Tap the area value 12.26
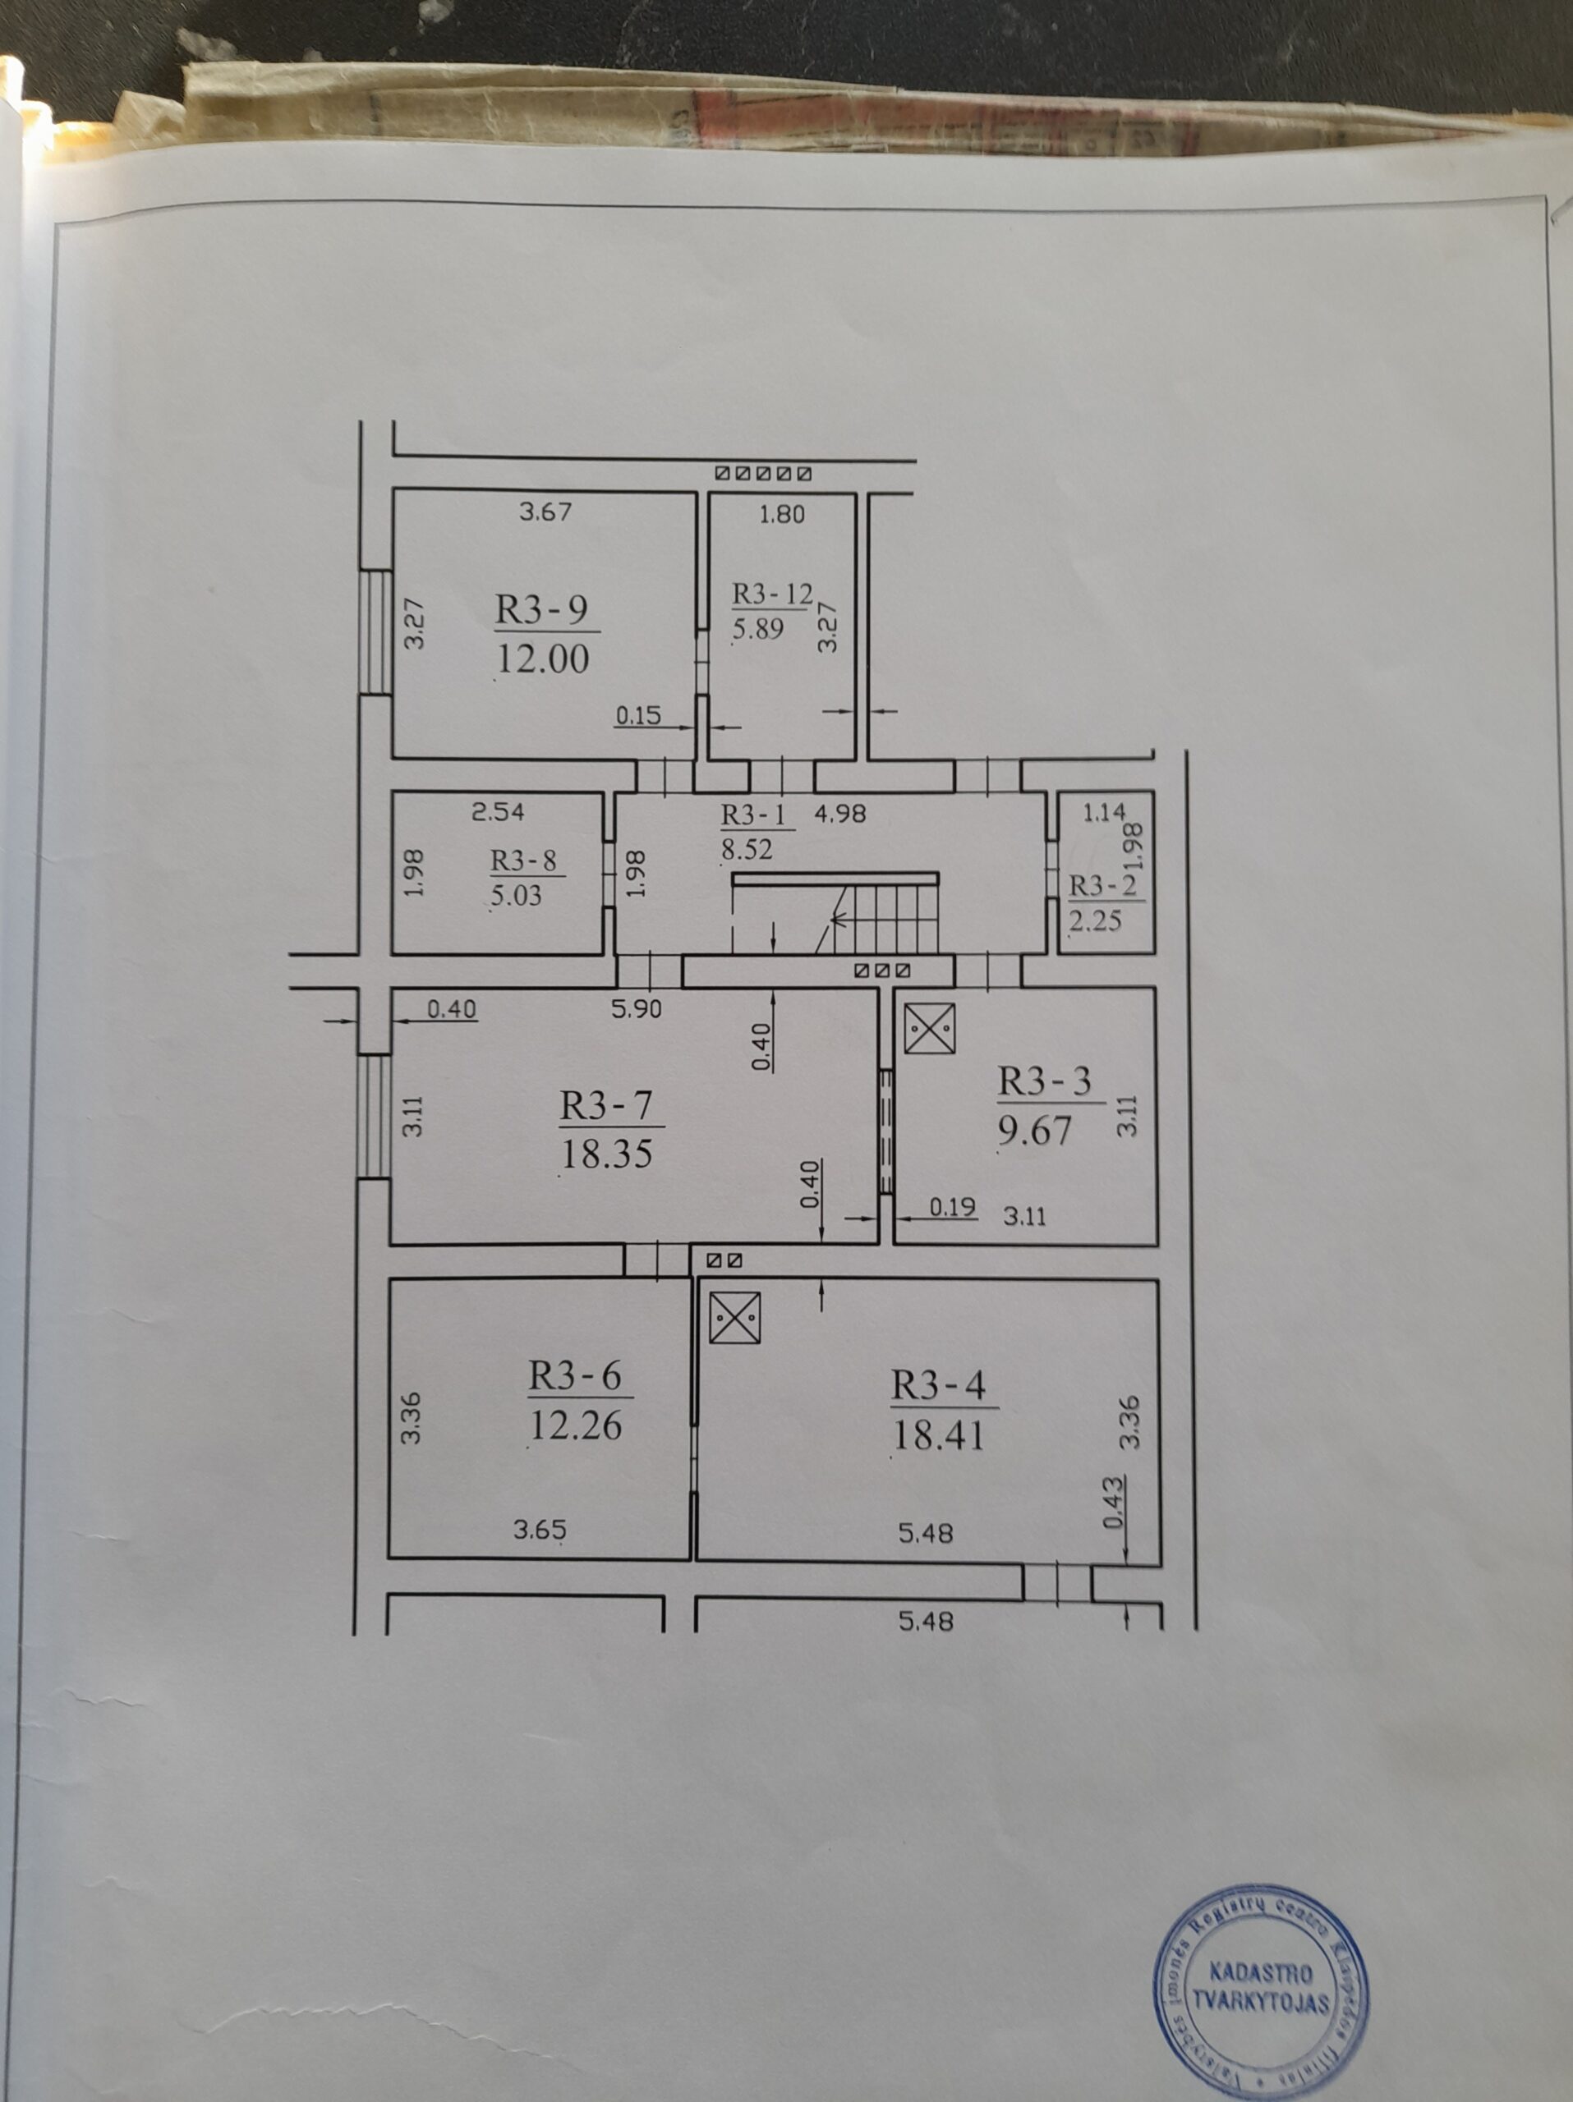tap(575, 1425)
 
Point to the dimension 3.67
tap(545, 512)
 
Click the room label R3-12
tap(772, 594)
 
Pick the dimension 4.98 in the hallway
tap(840, 814)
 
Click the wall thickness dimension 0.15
tap(637, 715)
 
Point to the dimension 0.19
tap(952, 1207)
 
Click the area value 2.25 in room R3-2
tap(1095, 920)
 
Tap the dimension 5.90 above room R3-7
tap(636, 1009)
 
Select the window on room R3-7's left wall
tap(375, 1116)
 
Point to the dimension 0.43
tap(1114, 1502)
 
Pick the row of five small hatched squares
tap(762, 472)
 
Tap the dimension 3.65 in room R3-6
tap(539, 1530)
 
